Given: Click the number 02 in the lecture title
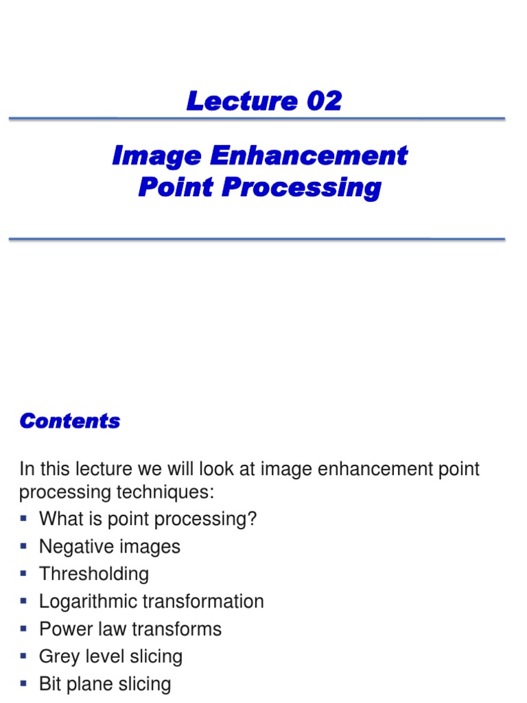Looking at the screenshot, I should [324, 102].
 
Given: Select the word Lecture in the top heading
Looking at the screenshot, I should [241, 102].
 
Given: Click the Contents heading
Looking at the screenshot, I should [70, 421].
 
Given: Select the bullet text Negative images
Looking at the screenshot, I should [110, 546].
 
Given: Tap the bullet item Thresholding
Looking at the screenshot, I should [94, 574].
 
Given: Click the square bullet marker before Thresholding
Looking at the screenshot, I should [24, 573].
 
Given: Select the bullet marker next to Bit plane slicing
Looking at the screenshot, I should [24, 683].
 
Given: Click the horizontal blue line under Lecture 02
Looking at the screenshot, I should [257, 119].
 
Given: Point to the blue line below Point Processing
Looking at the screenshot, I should [257, 239].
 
